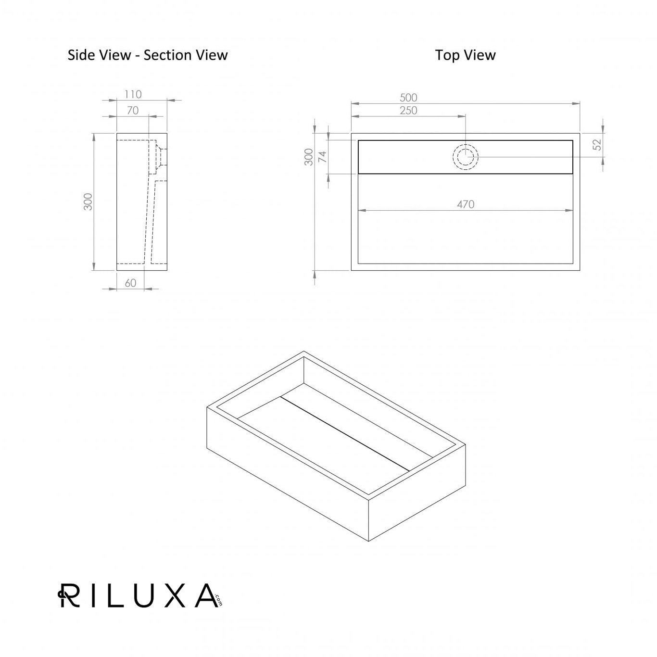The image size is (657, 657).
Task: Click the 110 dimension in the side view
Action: (x=133, y=94)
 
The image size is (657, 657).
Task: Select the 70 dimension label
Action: (x=133, y=111)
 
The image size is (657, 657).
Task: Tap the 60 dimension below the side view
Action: (x=130, y=283)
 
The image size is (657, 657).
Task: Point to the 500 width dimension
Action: (x=408, y=98)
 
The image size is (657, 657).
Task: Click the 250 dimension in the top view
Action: (x=408, y=111)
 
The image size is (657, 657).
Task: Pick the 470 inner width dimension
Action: (x=466, y=204)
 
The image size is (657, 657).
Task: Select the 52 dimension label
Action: (x=597, y=145)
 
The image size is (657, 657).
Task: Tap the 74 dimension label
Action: (x=322, y=157)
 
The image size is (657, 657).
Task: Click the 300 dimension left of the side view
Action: (x=88, y=202)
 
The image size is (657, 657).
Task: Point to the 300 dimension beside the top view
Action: (x=309, y=157)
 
